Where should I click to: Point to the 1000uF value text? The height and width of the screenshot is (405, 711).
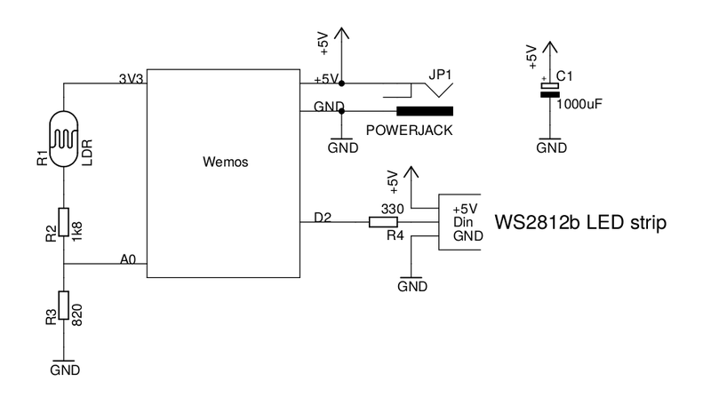click(x=579, y=104)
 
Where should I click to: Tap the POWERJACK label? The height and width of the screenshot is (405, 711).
click(x=409, y=130)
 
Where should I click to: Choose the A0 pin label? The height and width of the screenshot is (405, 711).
click(x=129, y=259)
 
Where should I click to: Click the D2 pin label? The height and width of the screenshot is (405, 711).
click(x=323, y=217)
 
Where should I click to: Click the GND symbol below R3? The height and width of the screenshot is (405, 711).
click(x=65, y=367)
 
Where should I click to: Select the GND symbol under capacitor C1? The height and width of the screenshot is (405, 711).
click(x=551, y=147)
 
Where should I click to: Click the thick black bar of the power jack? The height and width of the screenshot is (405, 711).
click(x=425, y=111)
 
